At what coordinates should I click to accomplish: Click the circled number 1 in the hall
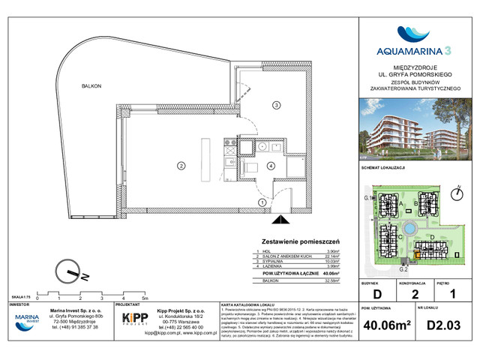click(262, 202)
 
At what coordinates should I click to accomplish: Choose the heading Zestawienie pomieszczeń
click(298, 240)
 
